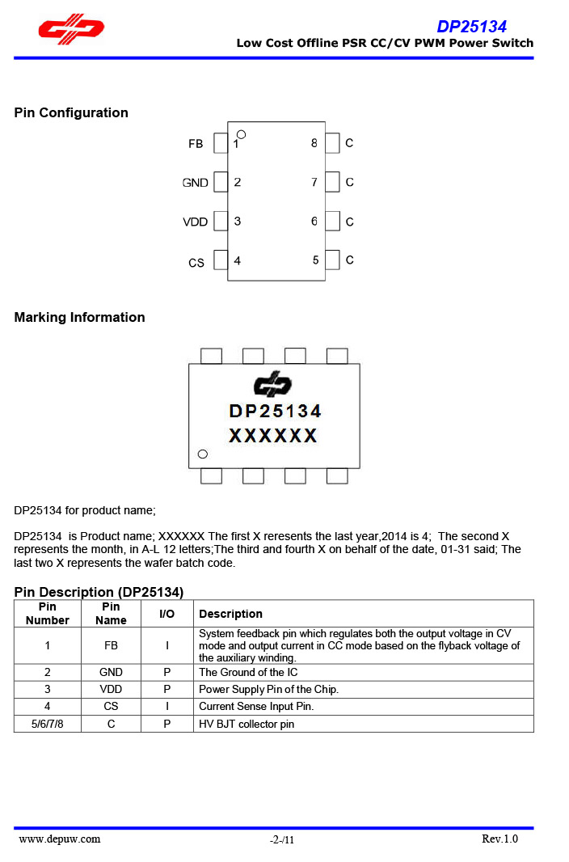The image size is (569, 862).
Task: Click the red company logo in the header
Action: point(71,29)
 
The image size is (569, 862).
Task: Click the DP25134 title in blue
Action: point(471,27)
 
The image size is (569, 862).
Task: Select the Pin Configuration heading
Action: point(71,112)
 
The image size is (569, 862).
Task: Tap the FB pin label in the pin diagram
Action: point(196,144)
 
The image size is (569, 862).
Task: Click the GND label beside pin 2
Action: point(196,183)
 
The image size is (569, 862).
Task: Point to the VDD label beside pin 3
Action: point(196,222)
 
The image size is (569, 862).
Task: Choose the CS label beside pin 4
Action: point(196,263)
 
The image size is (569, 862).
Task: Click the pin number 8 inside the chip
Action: point(314,143)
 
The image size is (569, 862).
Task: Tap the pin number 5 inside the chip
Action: point(316,260)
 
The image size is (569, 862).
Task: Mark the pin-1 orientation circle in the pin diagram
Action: point(241,134)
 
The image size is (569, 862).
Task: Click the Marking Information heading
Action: point(79,317)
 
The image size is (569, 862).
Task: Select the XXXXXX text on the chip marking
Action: point(273,436)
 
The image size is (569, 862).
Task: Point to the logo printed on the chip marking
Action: point(273,384)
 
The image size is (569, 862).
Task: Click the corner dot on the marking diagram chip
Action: point(203,454)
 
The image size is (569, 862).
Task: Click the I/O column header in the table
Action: point(166,614)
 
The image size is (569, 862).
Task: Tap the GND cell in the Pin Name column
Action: point(111,672)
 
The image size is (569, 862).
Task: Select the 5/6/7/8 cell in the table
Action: point(47,724)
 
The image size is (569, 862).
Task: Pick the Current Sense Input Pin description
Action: point(256,706)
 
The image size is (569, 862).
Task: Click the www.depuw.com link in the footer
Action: point(60,839)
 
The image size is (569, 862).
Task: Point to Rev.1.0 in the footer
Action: point(499,839)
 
